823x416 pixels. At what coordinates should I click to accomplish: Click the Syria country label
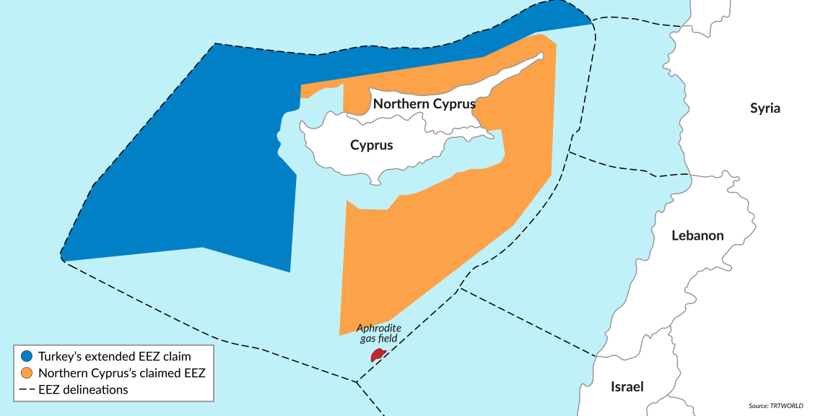765,109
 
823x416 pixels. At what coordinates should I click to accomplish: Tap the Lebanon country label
697,235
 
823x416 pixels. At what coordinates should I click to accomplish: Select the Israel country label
627,386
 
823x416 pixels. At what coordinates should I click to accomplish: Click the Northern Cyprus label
424,104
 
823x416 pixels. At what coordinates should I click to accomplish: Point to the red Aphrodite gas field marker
378,355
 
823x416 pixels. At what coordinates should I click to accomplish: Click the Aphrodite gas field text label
379,333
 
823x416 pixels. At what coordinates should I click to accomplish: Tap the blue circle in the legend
27,356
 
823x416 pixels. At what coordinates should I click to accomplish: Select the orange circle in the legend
27,373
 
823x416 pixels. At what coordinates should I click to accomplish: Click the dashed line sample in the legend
27,390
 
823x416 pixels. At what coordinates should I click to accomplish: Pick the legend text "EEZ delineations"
83,390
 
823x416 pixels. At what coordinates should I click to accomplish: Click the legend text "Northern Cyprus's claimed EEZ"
121,373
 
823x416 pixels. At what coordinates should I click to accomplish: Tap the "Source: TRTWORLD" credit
775,406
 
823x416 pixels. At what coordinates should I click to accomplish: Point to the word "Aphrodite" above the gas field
379,328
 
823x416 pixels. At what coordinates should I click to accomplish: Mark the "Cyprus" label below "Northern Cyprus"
371,145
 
